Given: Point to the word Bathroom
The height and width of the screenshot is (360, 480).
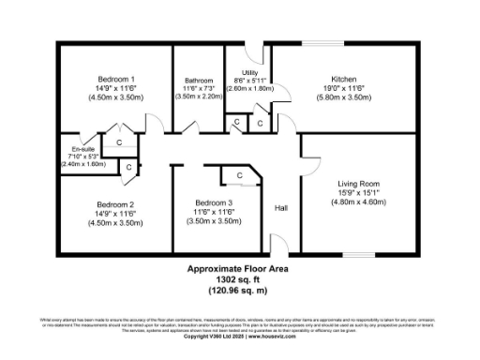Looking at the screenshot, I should point(199,81).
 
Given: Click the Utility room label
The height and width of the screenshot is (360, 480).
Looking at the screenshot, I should point(249,72).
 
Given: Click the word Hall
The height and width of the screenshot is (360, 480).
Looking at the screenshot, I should point(280,208).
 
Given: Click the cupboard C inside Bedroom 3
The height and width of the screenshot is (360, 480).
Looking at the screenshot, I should point(239,175).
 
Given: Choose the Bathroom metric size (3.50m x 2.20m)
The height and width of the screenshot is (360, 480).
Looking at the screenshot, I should point(199,96).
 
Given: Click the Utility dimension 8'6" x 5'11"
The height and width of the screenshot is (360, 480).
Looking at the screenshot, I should point(249,81).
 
